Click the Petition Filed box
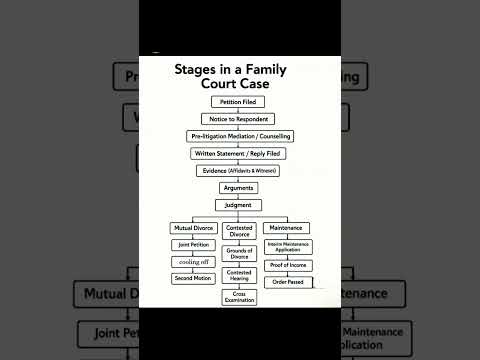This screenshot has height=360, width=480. point(238,102)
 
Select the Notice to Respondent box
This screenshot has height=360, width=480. point(238,119)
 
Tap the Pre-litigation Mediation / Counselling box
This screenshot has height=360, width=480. point(238,136)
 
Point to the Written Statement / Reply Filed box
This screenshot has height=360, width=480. point(238,153)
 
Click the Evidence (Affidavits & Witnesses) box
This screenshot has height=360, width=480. point(238,170)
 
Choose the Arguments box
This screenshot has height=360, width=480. point(238,187)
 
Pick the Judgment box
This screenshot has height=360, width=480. point(238,204)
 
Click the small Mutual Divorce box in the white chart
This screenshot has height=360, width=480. point(194,228)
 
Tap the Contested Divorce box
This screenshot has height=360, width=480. point(240,231)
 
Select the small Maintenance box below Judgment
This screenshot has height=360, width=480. point(288,228)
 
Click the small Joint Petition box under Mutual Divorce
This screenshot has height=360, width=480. point(194,245)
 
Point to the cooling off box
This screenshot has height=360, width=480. point(194,262)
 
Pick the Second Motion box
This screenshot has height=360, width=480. point(194,278)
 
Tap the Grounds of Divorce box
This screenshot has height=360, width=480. point(240,253)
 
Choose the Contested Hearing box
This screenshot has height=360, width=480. point(240,274)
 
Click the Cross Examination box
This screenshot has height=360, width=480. point(240,296)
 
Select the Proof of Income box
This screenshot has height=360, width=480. point(289,265)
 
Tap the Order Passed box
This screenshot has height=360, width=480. point(289,282)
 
